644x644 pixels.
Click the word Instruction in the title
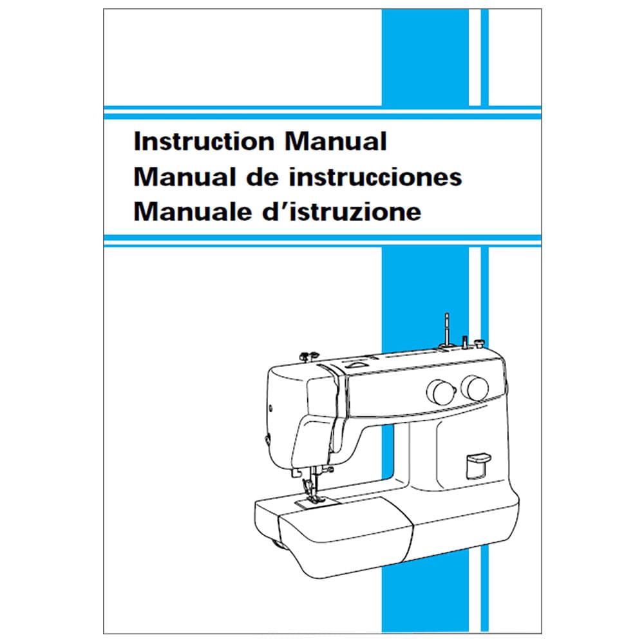pos(204,141)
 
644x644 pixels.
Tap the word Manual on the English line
pos(336,141)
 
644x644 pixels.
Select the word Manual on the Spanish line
pos(185,177)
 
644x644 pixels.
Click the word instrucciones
pos(375,177)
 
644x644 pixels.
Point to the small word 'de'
pos(262,177)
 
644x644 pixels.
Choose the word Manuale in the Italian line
pos(193,212)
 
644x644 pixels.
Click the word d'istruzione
pos(342,212)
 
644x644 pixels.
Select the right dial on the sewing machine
pos(475,388)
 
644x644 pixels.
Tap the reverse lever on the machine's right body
pos(477,466)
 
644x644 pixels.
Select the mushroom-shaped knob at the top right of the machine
pos(479,343)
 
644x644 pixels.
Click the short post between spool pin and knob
pos(465,342)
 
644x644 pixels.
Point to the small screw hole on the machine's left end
pos(270,408)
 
